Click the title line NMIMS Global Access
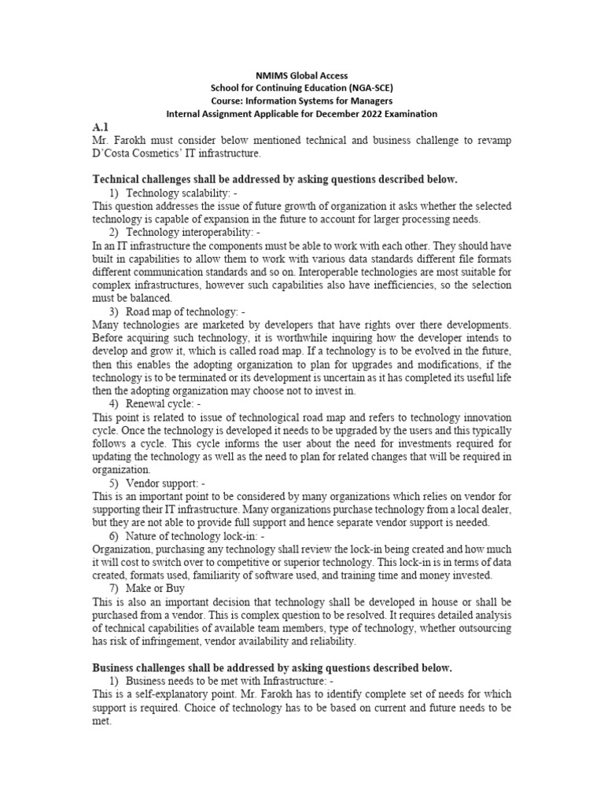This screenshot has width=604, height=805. pyautogui.click(x=303, y=75)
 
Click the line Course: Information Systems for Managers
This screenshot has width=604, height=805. pyautogui.click(x=303, y=101)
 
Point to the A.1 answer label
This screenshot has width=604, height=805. pyautogui.click(x=100, y=127)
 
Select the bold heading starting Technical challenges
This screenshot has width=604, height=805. pyautogui.click(x=274, y=179)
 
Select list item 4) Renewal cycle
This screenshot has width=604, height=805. pyautogui.click(x=163, y=404)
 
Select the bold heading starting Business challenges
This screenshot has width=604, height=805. pyautogui.click(x=272, y=667)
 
